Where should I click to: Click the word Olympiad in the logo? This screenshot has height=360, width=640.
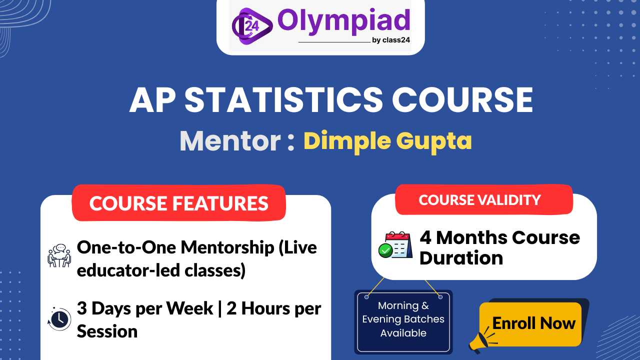(x=343, y=21)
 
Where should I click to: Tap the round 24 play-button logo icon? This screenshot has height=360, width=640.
(x=251, y=25)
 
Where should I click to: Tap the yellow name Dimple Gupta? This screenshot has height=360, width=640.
(x=387, y=141)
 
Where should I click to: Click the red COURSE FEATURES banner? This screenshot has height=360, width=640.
(x=179, y=203)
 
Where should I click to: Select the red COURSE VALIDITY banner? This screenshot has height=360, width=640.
(x=480, y=200)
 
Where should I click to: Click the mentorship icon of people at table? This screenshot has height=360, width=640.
(x=59, y=255)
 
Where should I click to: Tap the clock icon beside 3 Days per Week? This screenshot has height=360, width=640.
(x=59, y=318)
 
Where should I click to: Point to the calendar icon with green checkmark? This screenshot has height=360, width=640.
(x=395, y=245)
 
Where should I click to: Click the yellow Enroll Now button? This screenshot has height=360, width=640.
(x=533, y=323)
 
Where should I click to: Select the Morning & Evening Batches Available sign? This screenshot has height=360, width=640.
(x=403, y=320)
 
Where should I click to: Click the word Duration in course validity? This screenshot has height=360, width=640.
(x=461, y=258)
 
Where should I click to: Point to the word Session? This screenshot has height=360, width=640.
(x=107, y=331)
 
